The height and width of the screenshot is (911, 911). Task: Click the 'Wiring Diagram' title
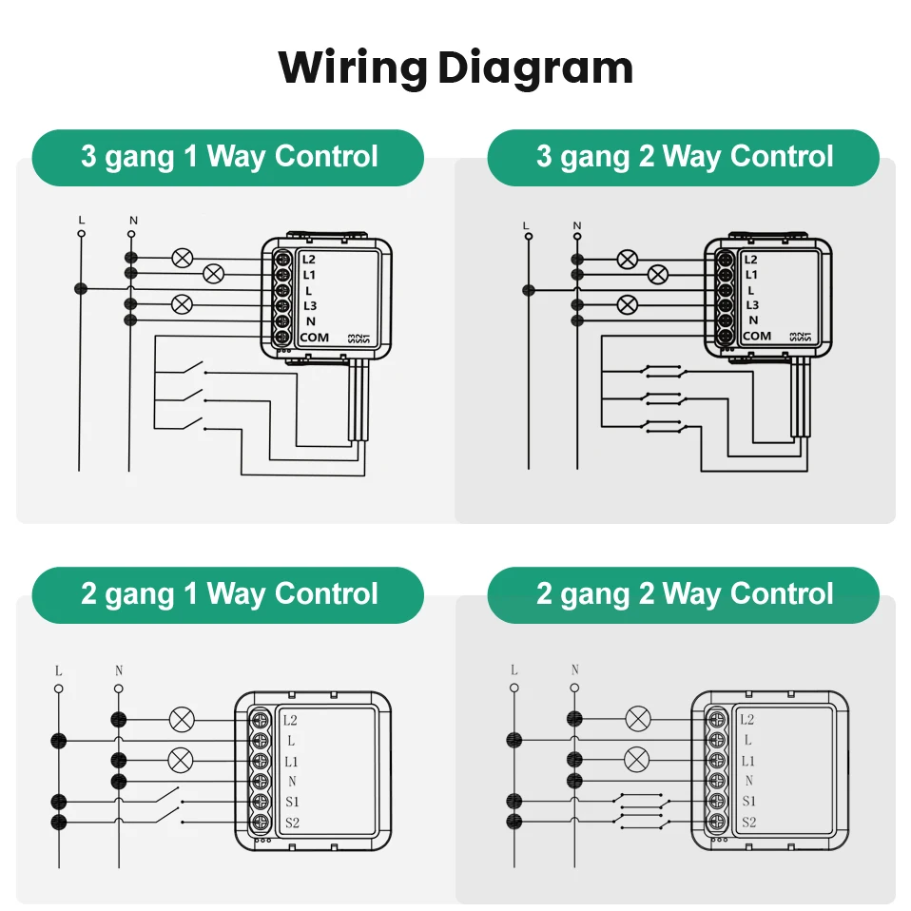coord(455,68)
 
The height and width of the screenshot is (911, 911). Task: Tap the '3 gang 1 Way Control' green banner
coord(228,157)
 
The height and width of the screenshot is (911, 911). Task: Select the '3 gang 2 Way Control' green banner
coord(684,157)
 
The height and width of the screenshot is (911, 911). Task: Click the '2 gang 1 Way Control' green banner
coord(228,594)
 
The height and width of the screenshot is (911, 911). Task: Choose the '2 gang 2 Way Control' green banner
coord(684,594)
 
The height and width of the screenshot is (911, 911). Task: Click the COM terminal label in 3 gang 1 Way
coord(314,338)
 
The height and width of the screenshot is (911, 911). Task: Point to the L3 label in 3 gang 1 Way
coord(310,305)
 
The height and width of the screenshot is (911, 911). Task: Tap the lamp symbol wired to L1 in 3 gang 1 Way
coord(214,274)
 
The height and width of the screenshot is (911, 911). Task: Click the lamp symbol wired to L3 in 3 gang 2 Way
coord(627,304)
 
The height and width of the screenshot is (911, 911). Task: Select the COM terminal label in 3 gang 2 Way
coord(756,336)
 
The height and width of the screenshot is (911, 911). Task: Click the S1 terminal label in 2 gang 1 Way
coord(293,802)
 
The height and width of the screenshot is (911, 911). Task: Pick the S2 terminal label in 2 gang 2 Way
coord(748,822)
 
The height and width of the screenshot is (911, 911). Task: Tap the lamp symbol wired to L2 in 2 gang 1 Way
coord(181,719)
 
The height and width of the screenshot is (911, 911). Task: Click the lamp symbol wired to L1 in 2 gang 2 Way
coord(636,759)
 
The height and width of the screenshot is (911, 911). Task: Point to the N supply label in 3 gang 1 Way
coord(132,221)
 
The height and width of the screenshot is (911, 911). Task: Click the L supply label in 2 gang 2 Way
coord(514,670)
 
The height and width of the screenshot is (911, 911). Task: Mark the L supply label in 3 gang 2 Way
coord(526,225)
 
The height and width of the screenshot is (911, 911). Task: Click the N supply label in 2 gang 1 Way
coord(119,670)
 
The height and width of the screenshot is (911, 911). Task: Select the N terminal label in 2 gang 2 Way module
coord(748,781)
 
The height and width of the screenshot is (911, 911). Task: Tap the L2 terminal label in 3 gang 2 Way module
coord(751,259)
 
